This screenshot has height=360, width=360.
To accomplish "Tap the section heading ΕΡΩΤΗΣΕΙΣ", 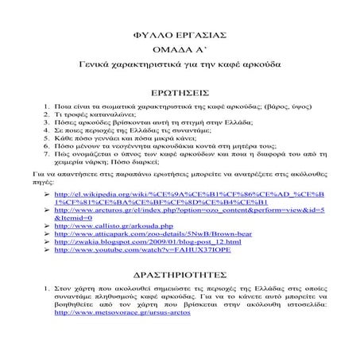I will tap(180, 92).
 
